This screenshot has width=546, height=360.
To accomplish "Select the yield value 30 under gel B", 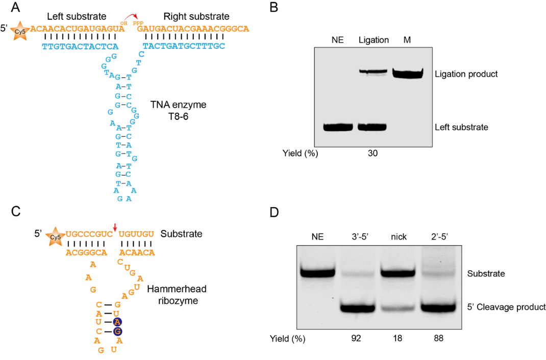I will point(373,153).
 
